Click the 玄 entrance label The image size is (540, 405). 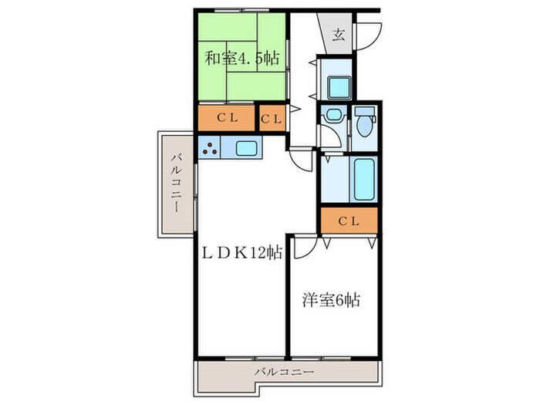pyautogui.click(x=339, y=33)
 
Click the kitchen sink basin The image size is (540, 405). pyautogui.click(x=247, y=148)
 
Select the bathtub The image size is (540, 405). pyautogui.click(x=363, y=179)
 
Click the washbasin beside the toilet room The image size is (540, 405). pyautogui.click(x=332, y=116)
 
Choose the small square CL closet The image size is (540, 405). pyautogui.click(x=272, y=118)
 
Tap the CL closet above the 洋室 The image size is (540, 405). pyautogui.click(x=349, y=221)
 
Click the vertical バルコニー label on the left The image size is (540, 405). pyautogui.click(x=177, y=184)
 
